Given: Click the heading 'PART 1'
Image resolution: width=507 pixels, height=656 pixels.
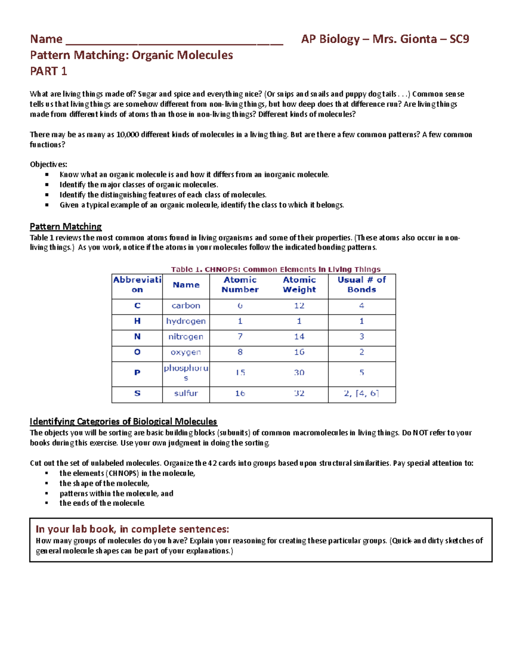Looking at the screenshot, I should tap(48, 71).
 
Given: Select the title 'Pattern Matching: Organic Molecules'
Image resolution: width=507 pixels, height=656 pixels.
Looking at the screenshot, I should tap(131, 55).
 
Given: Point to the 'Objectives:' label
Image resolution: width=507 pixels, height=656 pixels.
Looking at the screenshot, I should tap(48, 164).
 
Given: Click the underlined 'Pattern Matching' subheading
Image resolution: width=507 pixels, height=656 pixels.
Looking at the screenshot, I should tap(65, 226).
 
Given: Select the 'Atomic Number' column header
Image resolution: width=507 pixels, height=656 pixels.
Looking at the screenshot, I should tap(240, 285).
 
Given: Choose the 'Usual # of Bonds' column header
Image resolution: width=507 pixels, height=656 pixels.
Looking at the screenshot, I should tap(362, 285).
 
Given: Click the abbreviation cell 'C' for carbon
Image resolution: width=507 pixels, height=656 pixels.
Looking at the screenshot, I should tap(137, 306).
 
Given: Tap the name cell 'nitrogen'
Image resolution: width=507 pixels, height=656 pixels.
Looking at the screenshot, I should tap(186, 337).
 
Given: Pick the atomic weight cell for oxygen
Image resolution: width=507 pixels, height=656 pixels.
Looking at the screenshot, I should tap(299, 352).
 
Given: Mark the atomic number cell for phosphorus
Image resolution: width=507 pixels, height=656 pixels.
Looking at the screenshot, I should tap(240, 373).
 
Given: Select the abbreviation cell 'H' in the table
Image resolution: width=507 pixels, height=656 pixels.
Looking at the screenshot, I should tap(137, 321).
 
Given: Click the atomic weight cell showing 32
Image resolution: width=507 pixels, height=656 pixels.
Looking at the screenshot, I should tap(299, 393).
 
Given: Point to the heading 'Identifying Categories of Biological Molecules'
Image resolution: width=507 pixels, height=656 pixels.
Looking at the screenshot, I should tap(123, 421).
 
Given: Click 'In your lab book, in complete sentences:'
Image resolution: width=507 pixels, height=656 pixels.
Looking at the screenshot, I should tap(132, 529).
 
